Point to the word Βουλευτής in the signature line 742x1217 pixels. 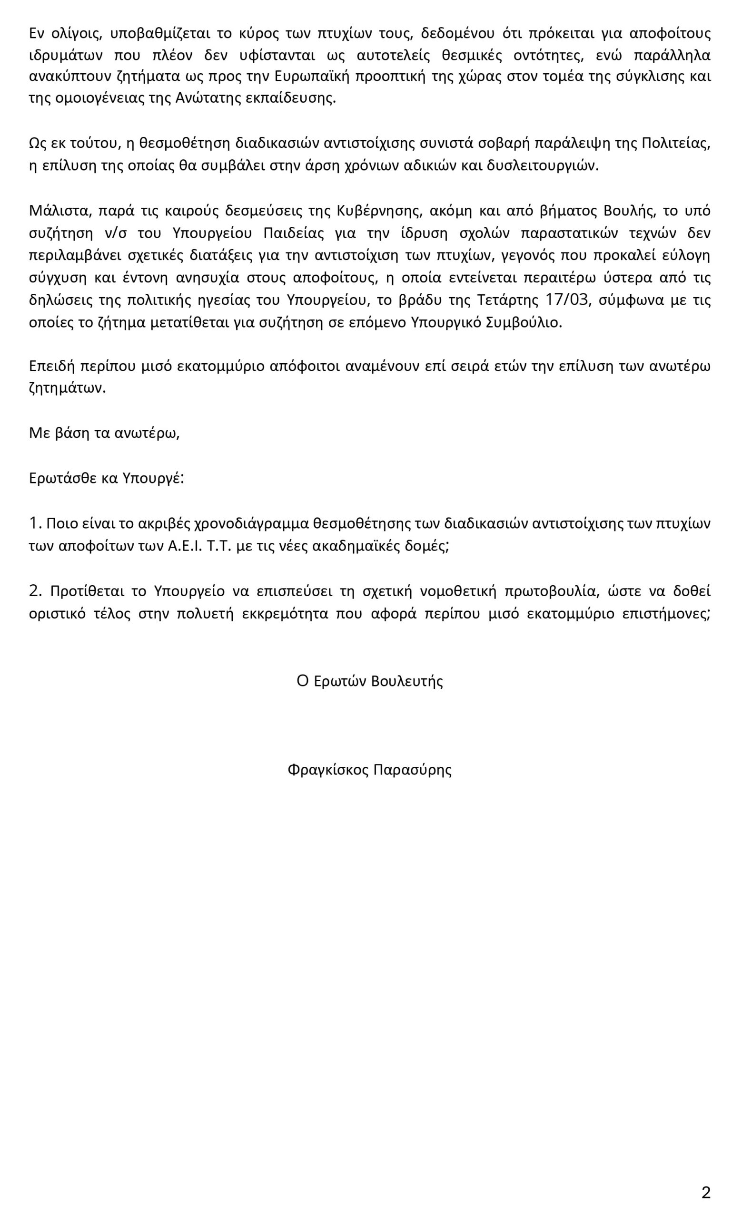point(406,681)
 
